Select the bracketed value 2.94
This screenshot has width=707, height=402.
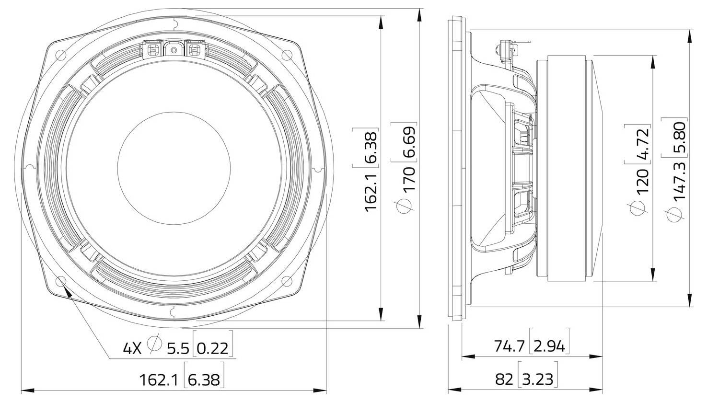[550, 345]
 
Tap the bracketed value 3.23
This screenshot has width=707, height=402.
[537, 379]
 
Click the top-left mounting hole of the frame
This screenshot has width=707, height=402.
[61, 55]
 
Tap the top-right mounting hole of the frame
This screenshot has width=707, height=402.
[287, 55]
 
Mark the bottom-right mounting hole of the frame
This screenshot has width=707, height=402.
[287, 281]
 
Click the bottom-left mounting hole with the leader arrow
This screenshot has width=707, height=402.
[61, 281]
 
